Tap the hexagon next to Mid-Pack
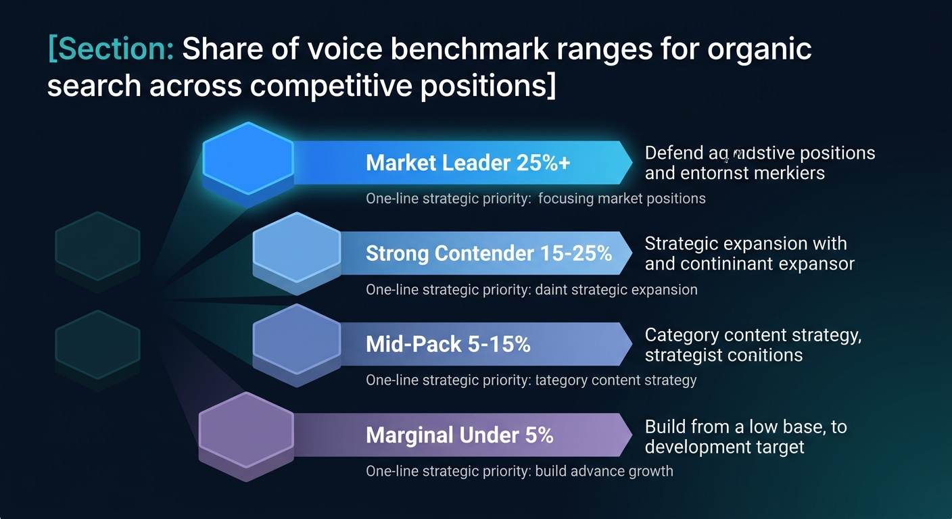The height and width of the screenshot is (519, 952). pyautogui.click(x=296, y=341)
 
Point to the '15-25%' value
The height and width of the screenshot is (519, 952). pyautogui.click(x=576, y=253)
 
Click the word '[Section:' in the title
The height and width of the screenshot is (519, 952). pyautogui.click(x=111, y=50)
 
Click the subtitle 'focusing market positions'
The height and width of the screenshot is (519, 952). pyautogui.click(x=621, y=199)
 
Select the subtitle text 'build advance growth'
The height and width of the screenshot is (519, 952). pyautogui.click(x=604, y=471)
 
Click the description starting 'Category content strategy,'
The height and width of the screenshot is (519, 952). pyautogui.click(x=753, y=335)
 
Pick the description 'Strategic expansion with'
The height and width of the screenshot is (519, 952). pyautogui.click(x=746, y=243)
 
